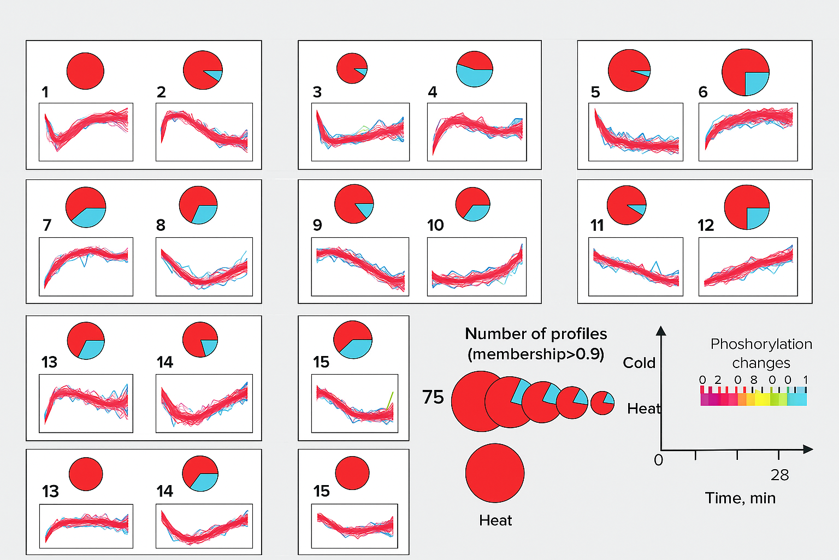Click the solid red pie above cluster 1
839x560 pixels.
[x=85, y=71]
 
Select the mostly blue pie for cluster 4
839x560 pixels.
[x=474, y=69]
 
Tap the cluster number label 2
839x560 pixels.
[x=161, y=92]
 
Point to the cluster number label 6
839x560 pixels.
[x=703, y=92]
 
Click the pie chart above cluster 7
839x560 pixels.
[x=86, y=207]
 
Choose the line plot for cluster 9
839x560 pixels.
[x=360, y=267]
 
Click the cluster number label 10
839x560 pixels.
[x=435, y=225]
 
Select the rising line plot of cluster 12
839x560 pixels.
[x=748, y=267]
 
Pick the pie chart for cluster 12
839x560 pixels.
[x=747, y=207]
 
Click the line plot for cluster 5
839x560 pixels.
[x=635, y=132]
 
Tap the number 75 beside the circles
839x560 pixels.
[x=433, y=397]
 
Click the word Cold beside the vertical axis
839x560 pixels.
[x=639, y=363]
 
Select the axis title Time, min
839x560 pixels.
[x=740, y=498]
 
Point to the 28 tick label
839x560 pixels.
[x=779, y=475]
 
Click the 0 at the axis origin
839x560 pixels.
[x=658, y=460]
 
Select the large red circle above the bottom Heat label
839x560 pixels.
[x=495, y=473]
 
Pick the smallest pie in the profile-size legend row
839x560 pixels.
[x=602, y=403]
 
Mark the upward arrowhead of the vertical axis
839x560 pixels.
[x=661, y=330]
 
